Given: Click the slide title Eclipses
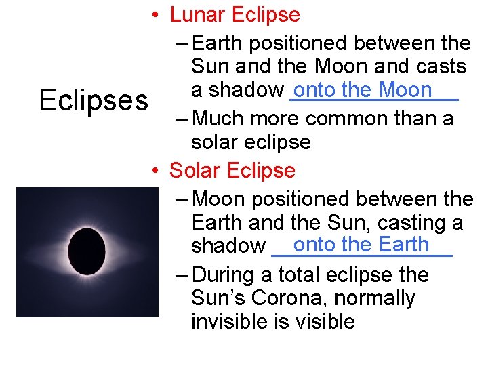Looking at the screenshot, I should coord(94,100).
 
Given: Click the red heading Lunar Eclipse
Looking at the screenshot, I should coord(235,14).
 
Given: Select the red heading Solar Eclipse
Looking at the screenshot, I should coord(232,170).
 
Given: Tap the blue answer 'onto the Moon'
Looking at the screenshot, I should coord(363,89).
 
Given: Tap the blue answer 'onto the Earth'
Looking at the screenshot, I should coord(361,244).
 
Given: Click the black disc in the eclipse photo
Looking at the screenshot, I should coord(87,251).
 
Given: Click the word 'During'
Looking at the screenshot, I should coord(226,274).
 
